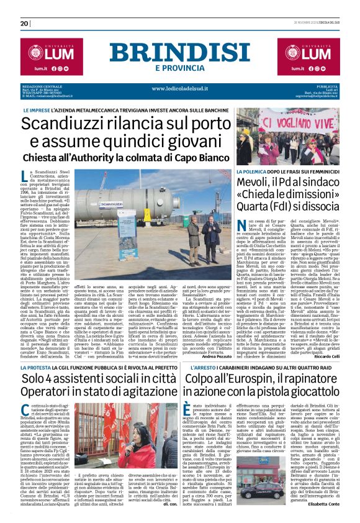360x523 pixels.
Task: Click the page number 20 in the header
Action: pos(24,24)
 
